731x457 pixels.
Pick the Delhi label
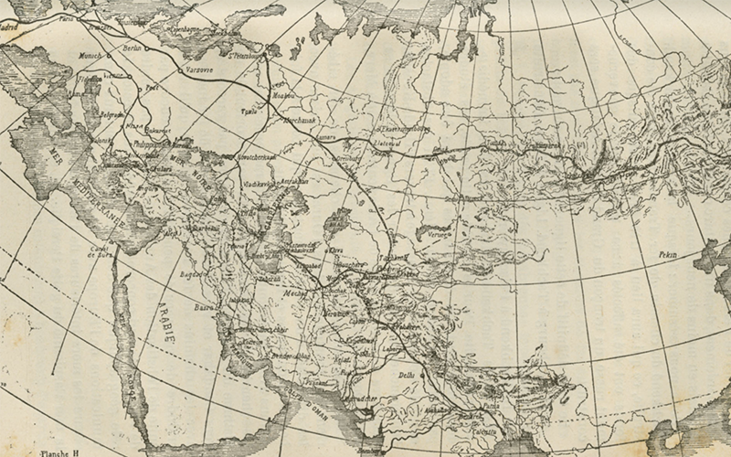pyautogui.click(x=407, y=375)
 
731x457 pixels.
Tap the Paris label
pyautogui.click(x=63, y=17)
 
